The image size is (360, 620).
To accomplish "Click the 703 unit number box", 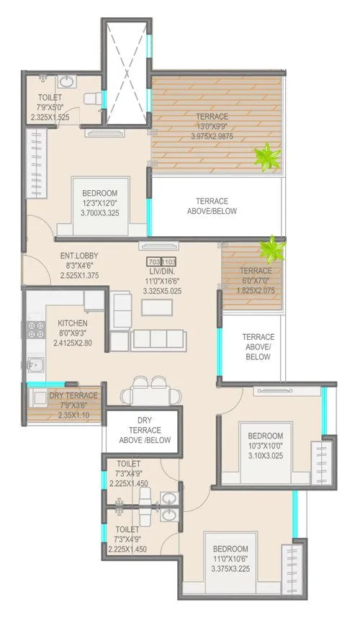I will pyautogui.click(x=153, y=261).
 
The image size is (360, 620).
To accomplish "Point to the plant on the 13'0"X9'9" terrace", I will pyautogui.click(x=268, y=156).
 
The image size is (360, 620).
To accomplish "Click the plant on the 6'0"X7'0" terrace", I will pyautogui.click(x=272, y=248).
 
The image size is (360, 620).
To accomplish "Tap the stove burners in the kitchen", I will pyautogui.click(x=33, y=330).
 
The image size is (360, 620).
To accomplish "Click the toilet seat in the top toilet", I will pyautogui.click(x=93, y=99).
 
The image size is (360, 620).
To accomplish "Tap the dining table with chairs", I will pyautogui.click(x=145, y=393).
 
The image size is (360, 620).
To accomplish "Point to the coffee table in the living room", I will pyautogui.click(x=157, y=306).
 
